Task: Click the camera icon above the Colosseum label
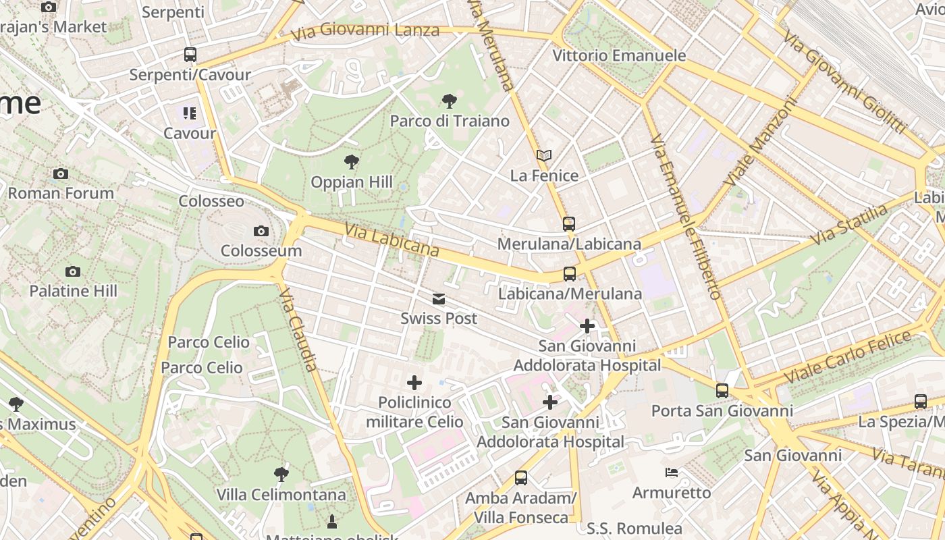coord(261,232)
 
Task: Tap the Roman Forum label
coord(61,193)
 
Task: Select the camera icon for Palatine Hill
coord(73,271)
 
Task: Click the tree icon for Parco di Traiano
coord(449,101)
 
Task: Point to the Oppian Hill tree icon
coord(351,162)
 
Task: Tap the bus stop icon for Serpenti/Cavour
coord(190,55)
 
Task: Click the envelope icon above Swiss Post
coord(439,299)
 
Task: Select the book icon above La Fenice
coord(544,156)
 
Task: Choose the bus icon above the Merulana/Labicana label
coord(569,223)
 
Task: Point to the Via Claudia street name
coord(298,329)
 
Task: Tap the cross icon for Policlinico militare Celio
coord(414,383)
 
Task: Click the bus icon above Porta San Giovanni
coord(722,390)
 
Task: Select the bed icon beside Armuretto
coord(672,473)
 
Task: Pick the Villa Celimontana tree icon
coord(281,475)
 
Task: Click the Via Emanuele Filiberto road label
coord(686,216)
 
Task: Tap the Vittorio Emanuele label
coord(619,55)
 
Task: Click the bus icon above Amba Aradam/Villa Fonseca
coord(520,478)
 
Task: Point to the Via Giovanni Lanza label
coord(365,30)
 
